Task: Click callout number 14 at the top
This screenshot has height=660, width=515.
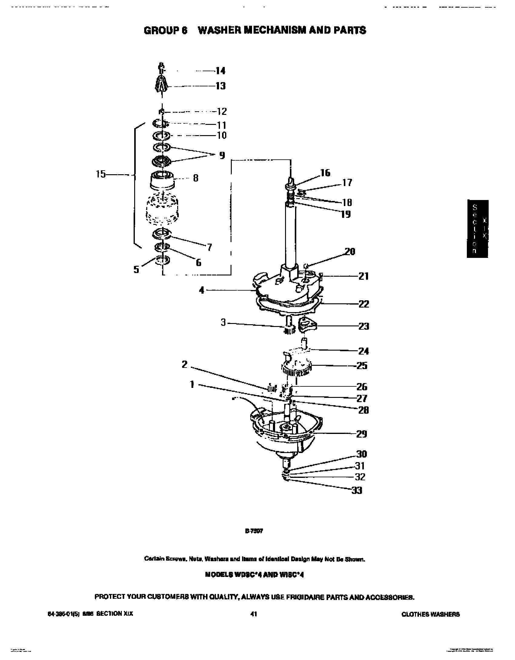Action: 220,71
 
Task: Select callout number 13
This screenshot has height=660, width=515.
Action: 220,86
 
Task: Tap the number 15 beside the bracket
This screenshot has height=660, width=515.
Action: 101,174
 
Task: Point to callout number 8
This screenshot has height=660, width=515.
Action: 196,178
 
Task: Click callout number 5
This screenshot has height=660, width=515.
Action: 137,269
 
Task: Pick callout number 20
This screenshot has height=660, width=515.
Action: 350,252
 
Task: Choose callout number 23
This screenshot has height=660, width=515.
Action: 364,326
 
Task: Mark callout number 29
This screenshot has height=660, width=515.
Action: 362,434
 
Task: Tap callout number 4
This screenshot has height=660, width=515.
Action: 201,290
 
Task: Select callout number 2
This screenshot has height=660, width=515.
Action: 184,364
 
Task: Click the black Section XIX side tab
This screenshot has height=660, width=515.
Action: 477,228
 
